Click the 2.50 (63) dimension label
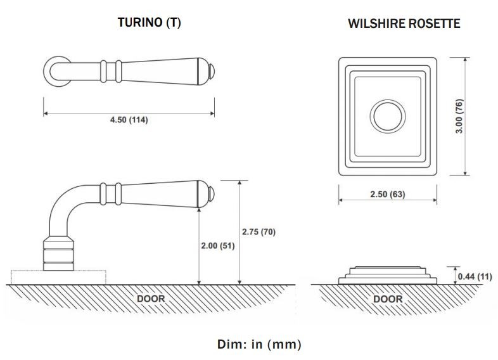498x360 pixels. tap(387, 194)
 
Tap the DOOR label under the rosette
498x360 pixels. tap(388, 298)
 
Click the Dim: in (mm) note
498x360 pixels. tap(259, 345)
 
